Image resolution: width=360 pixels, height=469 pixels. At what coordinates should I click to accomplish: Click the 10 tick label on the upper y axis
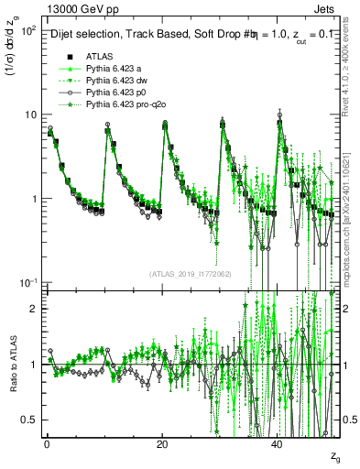[x=30, y=115]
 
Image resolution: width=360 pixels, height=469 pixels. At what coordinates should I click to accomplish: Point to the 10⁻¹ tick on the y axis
[x=27, y=282]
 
